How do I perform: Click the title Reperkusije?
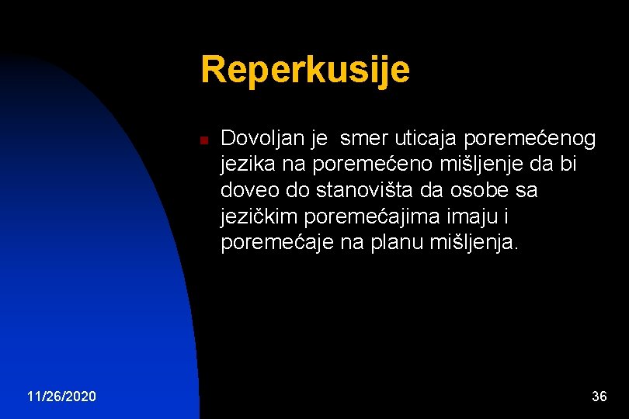(304, 70)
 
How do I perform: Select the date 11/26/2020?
(61, 397)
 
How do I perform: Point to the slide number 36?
(599, 397)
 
